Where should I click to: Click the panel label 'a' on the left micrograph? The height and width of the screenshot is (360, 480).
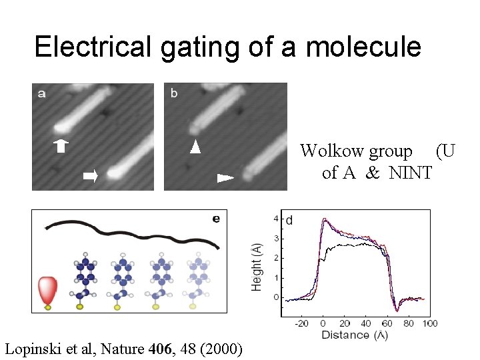[x=42, y=94]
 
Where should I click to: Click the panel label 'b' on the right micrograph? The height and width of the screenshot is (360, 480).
[x=174, y=94]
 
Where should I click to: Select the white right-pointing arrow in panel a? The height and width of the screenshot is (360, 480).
[x=90, y=176]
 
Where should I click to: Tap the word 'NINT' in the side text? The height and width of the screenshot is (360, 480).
[x=411, y=173]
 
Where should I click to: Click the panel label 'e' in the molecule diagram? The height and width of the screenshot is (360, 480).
[x=216, y=218]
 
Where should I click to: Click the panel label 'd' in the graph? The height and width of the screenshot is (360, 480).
[x=290, y=220]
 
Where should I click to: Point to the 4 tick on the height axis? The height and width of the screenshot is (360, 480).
[x=276, y=219]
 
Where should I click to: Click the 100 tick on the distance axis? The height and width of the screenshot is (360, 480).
[x=430, y=323]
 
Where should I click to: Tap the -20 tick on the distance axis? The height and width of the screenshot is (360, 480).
[x=302, y=323]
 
